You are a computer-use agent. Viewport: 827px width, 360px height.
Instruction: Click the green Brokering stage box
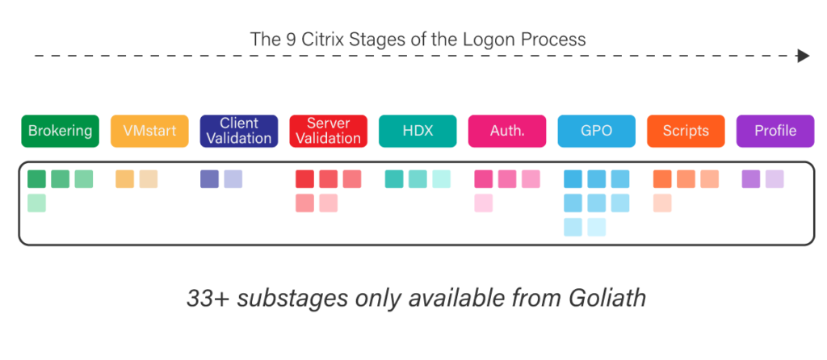[x=60, y=132]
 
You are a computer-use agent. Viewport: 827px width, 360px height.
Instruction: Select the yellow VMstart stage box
[x=149, y=132]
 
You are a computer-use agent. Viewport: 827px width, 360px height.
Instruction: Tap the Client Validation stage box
[x=239, y=132]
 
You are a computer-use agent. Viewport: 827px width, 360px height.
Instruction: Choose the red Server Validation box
[x=328, y=132]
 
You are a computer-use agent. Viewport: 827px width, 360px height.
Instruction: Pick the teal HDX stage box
[x=418, y=132]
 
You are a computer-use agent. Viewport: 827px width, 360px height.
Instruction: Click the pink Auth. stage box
[x=506, y=132]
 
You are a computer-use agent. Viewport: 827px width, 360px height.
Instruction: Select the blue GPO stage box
[x=596, y=132]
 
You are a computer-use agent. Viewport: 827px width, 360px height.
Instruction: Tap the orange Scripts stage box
[x=686, y=132]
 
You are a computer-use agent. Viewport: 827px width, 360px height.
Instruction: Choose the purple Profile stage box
[x=775, y=132]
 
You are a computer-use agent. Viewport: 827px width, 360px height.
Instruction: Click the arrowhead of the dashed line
[x=803, y=56]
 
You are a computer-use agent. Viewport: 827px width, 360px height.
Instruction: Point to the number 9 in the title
[x=289, y=38]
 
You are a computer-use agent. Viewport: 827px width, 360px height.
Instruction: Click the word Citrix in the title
[x=318, y=38]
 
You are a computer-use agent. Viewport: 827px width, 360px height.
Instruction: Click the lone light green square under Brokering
[x=37, y=203]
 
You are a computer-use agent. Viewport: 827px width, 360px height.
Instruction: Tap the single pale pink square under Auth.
[x=484, y=203]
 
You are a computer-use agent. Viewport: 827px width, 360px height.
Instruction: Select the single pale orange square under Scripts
[x=662, y=203]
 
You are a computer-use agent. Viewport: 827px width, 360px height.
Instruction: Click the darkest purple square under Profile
[x=751, y=179]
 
